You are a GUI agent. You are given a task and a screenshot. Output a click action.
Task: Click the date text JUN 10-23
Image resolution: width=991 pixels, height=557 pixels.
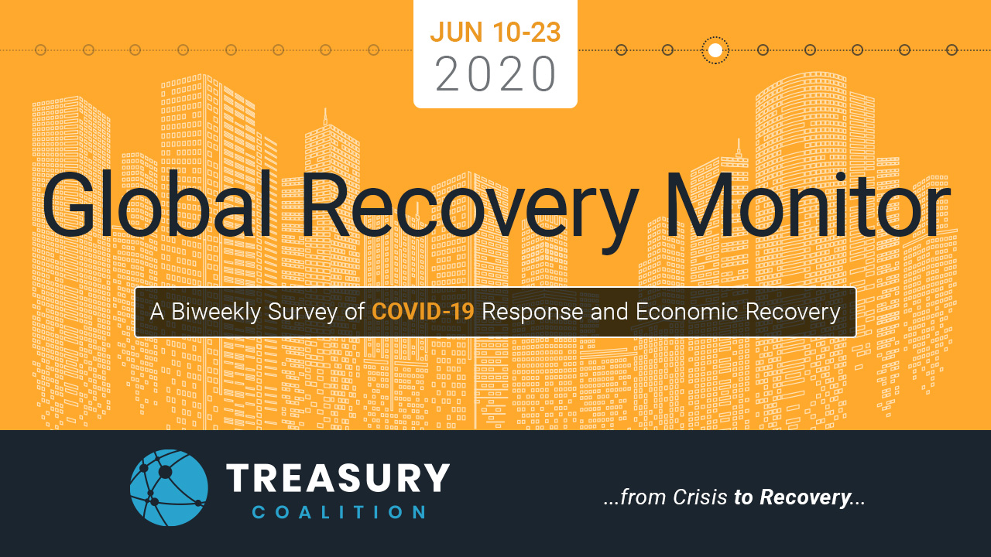[495, 32]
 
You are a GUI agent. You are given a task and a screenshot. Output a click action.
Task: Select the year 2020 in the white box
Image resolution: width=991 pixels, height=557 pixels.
[495, 73]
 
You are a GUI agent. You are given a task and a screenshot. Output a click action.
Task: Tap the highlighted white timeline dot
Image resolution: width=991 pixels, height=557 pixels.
[715, 50]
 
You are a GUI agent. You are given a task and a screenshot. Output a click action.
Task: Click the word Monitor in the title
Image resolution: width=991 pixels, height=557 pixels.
[808, 205]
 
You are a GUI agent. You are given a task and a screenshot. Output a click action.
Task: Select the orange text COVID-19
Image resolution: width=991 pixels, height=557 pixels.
[423, 312]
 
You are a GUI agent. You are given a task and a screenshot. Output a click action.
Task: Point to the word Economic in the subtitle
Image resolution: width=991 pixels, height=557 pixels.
[687, 312]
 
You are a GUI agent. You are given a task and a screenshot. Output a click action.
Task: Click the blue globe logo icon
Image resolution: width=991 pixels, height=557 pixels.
[169, 487]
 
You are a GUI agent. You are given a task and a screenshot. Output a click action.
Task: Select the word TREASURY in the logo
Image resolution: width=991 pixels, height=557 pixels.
[338, 477]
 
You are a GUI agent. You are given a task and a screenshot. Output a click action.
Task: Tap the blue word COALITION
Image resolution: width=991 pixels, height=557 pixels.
[339, 512]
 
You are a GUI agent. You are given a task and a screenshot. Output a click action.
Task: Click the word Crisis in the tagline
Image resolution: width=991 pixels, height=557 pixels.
[700, 497]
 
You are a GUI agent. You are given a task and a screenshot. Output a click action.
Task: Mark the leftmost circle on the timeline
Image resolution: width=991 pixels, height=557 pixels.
[41, 50]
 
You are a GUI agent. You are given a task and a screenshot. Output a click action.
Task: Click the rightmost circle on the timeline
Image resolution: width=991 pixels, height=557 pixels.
[952, 50]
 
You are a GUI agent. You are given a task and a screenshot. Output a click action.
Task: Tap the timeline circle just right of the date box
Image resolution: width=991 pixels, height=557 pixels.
[621, 50]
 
